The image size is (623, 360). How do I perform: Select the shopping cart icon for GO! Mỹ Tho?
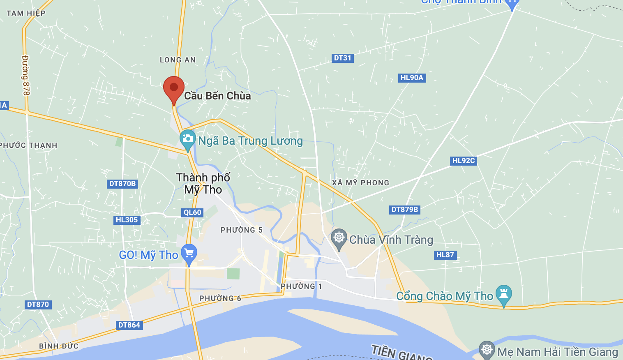pyautogui.click(x=189, y=253)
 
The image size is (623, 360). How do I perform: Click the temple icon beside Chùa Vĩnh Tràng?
pyautogui.click(x=339, y=238)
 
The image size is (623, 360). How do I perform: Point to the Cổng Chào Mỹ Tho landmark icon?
pyautogui.click(x=503, y=294)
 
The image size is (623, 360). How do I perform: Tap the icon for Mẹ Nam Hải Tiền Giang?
pyautogui.click(x=487, y=350)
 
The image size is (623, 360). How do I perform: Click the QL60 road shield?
pyautogui.click(x=192, y=212)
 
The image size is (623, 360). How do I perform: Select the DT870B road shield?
pyautogui.click(x=122, y=184)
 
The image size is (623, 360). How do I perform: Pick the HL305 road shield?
pyautogui.click(x=127, y=220)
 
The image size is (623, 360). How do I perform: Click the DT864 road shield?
pyautogui.click(x=129, y=325)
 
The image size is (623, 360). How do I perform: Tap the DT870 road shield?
pyautogui.click(x=38, y=305)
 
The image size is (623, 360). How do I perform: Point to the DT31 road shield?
pyautogui.click(x=342, y=58)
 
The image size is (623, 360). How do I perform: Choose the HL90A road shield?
pyautogui.click(x=412, y=78)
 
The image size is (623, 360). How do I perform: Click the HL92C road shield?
pyautogui.click(x=464, y=161)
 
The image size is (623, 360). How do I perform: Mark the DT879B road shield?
pyautogui.click(x=405, y=210)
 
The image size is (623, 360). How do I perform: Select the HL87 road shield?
pyautogui.click(x=445, y=255)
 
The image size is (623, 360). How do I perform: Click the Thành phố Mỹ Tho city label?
pyautogui.click(x=203, y=183)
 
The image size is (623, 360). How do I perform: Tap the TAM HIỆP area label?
pyautogui.click(x=26, y=13)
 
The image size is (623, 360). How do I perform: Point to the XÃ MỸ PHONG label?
pyautogui.click(x=360, y=182)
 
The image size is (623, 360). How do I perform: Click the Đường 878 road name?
pyautogui.click(x=26, y=75)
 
